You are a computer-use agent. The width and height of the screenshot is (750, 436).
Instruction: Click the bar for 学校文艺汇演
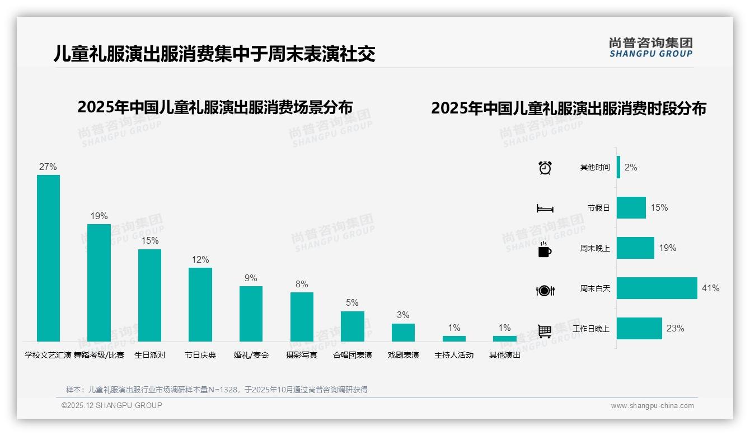48,258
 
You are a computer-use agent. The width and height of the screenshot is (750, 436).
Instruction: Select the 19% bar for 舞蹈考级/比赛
99,283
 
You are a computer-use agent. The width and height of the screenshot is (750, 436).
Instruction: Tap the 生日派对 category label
150,355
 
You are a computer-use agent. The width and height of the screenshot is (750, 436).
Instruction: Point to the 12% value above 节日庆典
200,259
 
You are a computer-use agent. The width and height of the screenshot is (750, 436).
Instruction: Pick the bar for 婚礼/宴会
251,314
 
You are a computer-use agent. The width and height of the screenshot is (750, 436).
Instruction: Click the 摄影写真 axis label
302,355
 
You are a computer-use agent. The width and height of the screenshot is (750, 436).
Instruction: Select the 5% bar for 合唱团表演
353,326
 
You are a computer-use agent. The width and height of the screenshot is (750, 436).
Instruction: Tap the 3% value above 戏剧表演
403,315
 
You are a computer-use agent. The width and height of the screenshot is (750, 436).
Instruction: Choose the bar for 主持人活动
454,338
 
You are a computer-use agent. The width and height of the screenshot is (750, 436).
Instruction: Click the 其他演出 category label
505,355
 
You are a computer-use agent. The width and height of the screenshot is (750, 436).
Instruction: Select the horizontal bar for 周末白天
657,288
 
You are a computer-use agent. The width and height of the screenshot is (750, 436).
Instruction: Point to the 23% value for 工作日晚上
675,329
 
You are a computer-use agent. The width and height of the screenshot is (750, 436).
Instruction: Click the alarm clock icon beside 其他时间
545,168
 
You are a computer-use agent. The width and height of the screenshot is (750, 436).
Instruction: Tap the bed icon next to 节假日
545,208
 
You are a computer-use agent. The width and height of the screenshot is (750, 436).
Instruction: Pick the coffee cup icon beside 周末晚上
545,249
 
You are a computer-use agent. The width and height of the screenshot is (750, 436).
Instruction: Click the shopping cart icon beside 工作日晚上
545,331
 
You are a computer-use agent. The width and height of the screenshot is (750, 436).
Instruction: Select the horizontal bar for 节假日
631,208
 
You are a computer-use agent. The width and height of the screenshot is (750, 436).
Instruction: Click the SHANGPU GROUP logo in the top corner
651,47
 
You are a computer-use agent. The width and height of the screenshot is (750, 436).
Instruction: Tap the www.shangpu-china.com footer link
652,406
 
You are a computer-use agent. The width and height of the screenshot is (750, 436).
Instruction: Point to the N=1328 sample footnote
217,390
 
